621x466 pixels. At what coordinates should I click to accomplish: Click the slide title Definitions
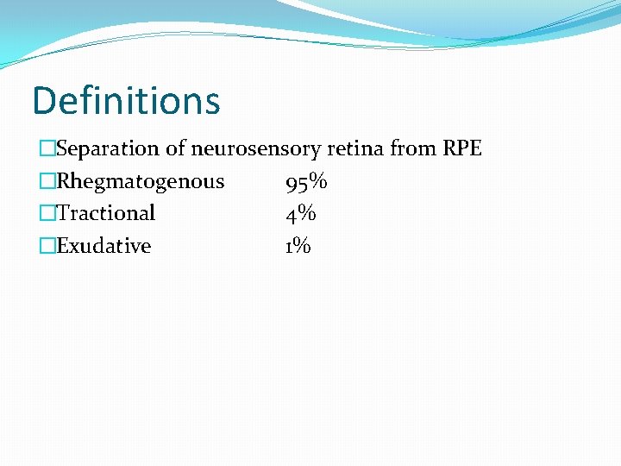(x=126, y=101)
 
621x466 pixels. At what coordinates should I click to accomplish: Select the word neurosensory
(x=256, y=148)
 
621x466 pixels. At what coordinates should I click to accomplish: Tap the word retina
(x=356, y=148)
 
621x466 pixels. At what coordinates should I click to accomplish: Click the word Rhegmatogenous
(x=140, y=182)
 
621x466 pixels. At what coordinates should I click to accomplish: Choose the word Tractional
(x=105, y=213)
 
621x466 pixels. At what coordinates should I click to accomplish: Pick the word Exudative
(x=103, y=246)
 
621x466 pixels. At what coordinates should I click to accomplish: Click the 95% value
(x=306, y=182)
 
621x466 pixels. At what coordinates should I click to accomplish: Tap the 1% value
(x=298, y=246)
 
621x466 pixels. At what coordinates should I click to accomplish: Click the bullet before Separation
(x=47, y=149)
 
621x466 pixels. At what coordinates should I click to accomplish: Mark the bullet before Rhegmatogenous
(x=47, y=182)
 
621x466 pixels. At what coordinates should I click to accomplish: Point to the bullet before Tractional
(x=47, y=214)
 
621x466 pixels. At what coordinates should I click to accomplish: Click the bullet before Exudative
(x=47, y=247)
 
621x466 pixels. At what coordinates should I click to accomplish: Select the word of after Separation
(x=175, y=148)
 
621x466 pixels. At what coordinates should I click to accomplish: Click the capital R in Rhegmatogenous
(x=63, y=181)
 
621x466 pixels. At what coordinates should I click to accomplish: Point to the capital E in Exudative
(x=62, y=246)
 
